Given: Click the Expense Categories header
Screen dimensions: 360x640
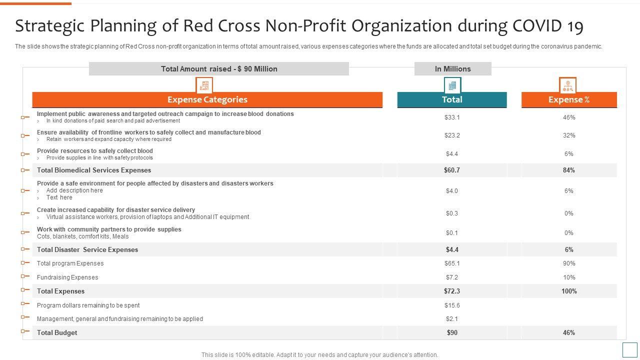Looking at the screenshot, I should pos(207,99).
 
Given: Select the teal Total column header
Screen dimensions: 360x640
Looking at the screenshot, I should pos(452,99).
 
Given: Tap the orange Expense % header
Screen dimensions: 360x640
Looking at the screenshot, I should pos(569,99).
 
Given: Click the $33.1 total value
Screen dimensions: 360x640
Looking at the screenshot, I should pos(452,117).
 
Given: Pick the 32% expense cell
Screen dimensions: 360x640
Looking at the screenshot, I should pos(569,135).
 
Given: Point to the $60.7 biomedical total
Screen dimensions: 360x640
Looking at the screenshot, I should pos(452,170).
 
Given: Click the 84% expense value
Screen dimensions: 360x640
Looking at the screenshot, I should pos(569,170).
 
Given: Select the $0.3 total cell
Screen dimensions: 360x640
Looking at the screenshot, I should pos(452,213).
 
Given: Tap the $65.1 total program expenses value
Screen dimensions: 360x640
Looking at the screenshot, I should pos(452,263).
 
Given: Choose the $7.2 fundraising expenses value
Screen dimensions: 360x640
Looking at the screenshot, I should pos(452,277).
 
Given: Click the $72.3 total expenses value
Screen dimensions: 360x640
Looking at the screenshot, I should pos(452,291).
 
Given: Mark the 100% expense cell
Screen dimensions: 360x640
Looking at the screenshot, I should pos(569,291).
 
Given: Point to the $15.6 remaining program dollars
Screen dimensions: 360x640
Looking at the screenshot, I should pos(452,305).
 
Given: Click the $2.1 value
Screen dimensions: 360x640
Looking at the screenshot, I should pos(452,319).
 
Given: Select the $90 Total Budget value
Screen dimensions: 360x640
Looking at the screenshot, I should pos(452,332).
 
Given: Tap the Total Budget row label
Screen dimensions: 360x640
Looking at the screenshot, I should pos(57,332).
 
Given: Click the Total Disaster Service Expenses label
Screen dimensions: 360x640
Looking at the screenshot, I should pos(87,249).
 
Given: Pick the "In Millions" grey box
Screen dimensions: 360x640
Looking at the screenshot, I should pos(453,69).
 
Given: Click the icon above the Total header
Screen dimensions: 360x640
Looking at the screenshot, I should pos(452,85).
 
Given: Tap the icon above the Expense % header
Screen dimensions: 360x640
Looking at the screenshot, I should pos(567,85).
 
